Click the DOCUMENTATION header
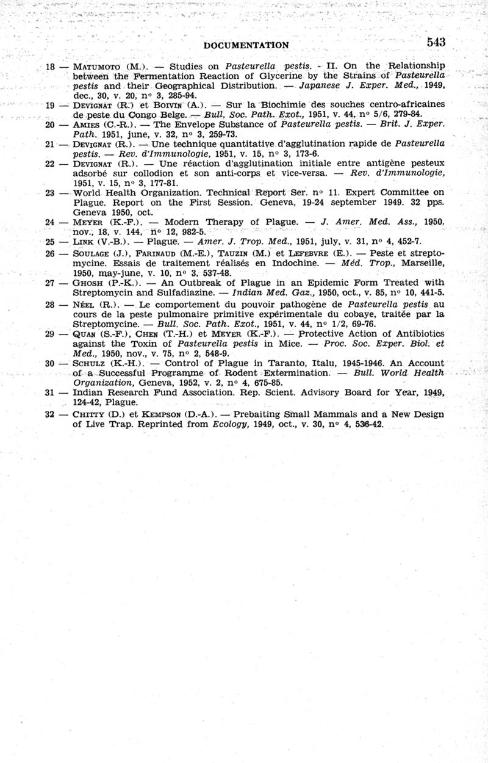click(246, 45)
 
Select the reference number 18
click(51, 66)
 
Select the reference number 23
click(51, 192)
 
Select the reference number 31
click(51, 392)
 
